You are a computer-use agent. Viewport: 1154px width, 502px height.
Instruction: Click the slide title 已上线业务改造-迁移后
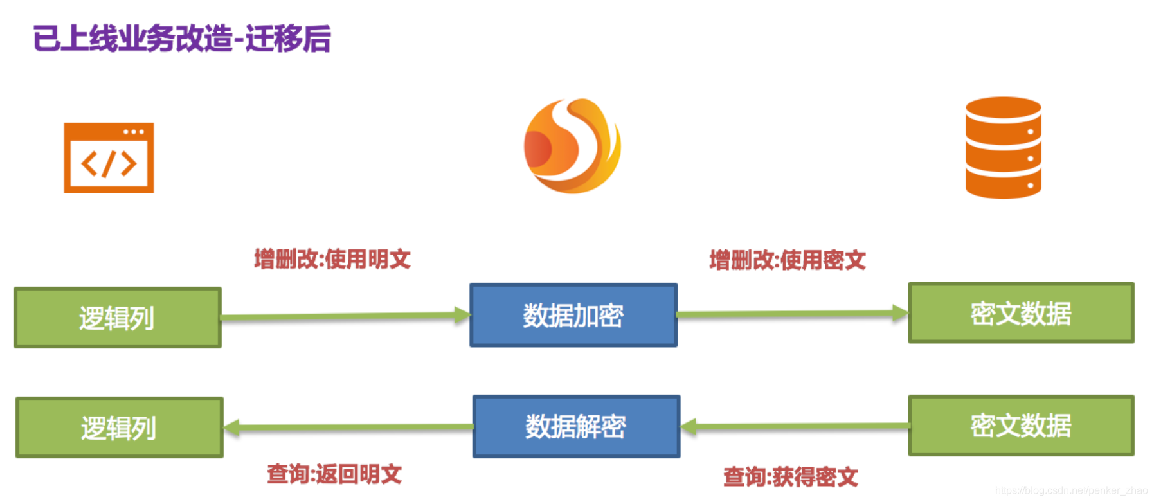[x=182, y=39]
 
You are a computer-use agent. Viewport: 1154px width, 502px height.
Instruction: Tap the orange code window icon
[x=109, y=158]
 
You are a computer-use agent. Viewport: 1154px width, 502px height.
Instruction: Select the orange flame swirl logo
[x=572, y=146]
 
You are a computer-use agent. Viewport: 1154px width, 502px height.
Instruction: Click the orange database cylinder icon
[x=1003, y=148]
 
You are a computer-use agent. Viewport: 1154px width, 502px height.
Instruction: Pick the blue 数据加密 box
[x=573, y=316]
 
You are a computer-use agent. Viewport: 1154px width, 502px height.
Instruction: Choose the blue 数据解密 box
[x=576, y=427]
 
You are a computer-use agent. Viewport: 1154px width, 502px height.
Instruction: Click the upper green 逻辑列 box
[x=118, y=318]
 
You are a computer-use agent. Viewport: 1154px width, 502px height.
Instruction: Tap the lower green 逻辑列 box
[x=120, y=428]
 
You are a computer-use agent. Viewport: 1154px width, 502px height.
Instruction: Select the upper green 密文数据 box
[x=1021, y=314]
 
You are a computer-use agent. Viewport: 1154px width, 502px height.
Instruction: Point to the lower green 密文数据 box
[x=1021, y=426]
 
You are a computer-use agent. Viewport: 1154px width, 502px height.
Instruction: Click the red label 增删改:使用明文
[x=332, y=260]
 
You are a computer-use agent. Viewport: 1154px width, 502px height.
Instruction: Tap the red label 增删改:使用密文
[x=788, y=260]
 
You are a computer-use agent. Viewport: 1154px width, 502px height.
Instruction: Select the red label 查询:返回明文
[x=334, y=474]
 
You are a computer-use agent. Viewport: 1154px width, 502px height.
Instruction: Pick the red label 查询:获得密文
[x=791, y=477]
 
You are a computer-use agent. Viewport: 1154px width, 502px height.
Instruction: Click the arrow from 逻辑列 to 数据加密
[x=346, y=316]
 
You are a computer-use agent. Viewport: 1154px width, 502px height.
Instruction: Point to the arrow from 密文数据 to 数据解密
[x=795, y=426]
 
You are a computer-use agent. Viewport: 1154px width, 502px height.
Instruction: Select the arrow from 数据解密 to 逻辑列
[x=348, y=427]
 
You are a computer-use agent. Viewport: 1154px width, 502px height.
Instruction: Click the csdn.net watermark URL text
[x=1071, y=490]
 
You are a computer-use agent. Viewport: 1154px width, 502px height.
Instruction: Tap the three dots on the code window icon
[x=134, y=132]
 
